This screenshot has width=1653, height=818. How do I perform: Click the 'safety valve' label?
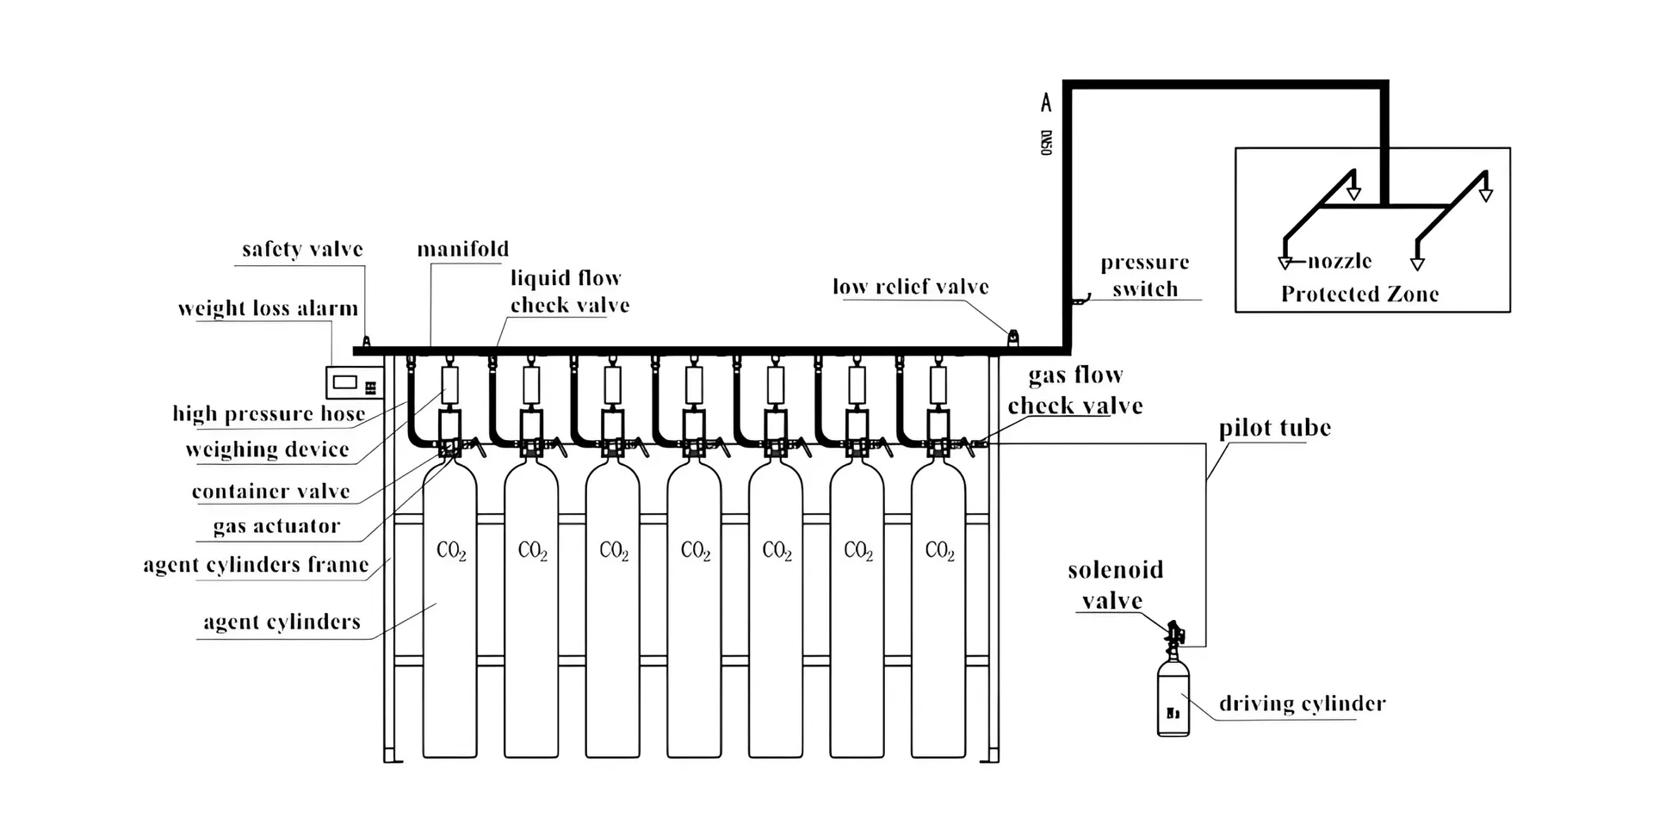(x=302, y=250)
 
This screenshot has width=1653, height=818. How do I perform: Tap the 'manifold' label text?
(x=463, y=250)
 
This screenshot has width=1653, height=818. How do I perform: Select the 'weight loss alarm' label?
(x=268, y=309)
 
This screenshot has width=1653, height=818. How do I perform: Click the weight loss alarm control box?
(x=353, y=381)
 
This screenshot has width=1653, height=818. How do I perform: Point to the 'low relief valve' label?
(x=910, y=288)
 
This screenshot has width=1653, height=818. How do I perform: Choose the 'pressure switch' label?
(x=1144, y=276)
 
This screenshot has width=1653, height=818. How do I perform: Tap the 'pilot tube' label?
(x=1274, y=429)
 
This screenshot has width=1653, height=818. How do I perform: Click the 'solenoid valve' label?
(x=1115, y=585)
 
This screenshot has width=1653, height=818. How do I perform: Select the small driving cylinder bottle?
(x=1173, y=697)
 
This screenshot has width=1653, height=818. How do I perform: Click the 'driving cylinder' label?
(x=1302, y=704)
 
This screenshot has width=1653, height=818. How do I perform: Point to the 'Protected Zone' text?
(x=1359, y=294)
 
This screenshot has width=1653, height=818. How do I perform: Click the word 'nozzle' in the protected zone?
(x=1340, y=261)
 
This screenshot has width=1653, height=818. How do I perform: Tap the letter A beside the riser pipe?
(x=1046, y=103)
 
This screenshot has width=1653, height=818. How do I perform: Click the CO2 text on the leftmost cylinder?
(x=451, y=551)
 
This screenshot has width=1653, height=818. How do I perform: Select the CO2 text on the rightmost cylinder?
(x=939, y=551)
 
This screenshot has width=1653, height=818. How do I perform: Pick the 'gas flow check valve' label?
(x=1075, y=390)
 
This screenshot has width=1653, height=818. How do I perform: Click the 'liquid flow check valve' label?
(x=569, y=291)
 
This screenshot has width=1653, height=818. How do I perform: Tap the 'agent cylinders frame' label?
(x=256, y=566)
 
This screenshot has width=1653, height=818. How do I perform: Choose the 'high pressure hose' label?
(x=269, y=414)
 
